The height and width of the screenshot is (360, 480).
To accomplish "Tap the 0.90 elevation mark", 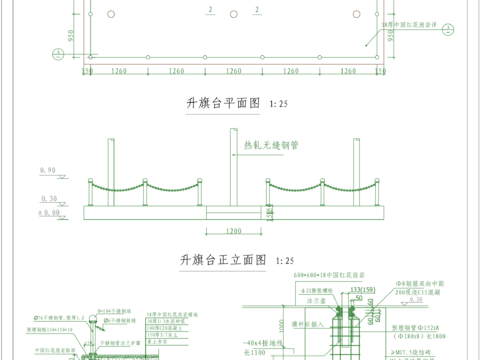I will [47, 171].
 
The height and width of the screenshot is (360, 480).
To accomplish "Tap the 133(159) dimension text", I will [349, 290].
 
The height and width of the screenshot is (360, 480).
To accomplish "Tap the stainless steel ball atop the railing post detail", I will [100, 307].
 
